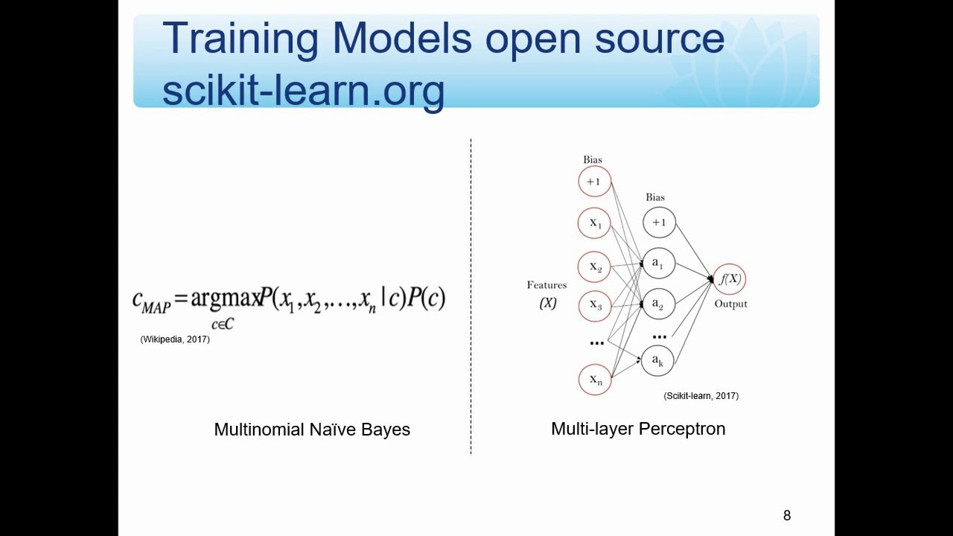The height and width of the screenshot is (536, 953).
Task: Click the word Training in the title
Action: (x=240, y=39)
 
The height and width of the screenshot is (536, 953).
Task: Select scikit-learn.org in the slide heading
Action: (x=303, y=90)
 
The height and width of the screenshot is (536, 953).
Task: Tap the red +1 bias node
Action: (x=594, y=182)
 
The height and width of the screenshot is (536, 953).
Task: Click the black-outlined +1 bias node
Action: (x=659, y=222)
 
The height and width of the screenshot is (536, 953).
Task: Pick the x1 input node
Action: (x=594, y=223)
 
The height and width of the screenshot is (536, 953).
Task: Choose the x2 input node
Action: (x=594, y=266)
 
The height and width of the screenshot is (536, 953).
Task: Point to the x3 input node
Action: (x=594, y=304)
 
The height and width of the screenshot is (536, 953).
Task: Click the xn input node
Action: (x=594, y=380)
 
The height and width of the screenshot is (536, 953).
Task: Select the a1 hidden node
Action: (x=659, y=263)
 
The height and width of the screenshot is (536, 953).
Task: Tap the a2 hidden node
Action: (x=659, y=304)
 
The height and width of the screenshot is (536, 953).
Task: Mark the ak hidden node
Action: (x=659, y=360)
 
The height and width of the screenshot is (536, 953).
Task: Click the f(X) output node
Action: (x=729, y=279)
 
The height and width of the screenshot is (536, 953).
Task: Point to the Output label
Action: (x=730, y=304)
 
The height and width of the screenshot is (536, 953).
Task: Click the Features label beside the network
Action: (x=546, y=285)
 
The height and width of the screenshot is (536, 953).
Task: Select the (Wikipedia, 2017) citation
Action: (x=175, y=339)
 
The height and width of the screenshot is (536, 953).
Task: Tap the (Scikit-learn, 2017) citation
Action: (x=701, y=396)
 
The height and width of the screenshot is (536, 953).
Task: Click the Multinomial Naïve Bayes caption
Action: (x=312, y=430)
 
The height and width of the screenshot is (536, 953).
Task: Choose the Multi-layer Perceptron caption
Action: (x=638, y=429)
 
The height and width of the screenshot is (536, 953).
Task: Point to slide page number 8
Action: (x=787, y=515)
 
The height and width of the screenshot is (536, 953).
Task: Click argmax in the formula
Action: (x=225, y=299)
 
